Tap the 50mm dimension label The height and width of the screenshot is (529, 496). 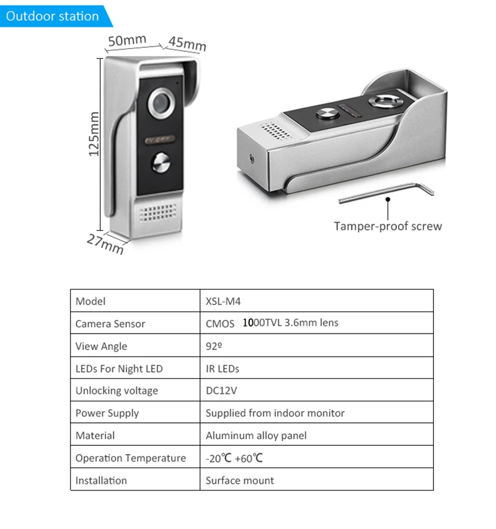pos(126,41)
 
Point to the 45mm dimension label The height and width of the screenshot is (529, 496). pos(187,44)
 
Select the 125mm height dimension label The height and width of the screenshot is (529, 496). pos(94,133)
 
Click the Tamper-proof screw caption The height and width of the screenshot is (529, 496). pos(387,226)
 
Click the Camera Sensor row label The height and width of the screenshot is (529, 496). pos(110,324)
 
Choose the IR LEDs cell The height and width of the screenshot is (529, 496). pos(223,369)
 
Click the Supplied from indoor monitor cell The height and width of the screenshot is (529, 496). pos(275,414)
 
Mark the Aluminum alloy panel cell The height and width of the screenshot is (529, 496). pos(256,436)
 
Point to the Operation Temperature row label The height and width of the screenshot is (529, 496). pos(130,458)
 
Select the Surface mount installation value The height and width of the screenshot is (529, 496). pos(239,481)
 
